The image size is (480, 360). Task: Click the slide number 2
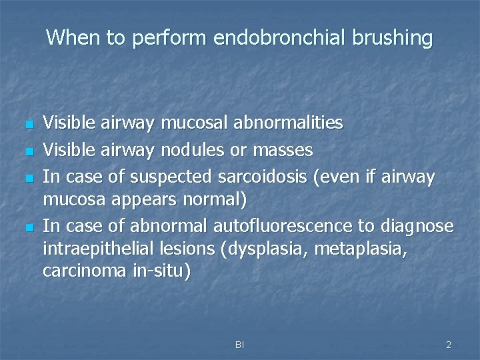pyautogui.click(x=449, y=345)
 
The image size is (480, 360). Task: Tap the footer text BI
pyautogui.click(x=239, y=345)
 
